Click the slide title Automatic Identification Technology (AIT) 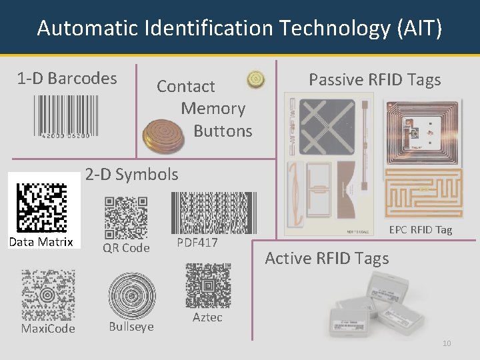pos(239,28)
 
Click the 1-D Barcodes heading pos(67,78)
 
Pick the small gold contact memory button pos(255,79)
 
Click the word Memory pos(213,109)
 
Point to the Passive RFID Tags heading pos(375,80)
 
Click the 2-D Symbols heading pos(131,175)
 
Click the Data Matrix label pos(41,242)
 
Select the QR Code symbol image pos(126,217)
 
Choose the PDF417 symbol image pos(213,212)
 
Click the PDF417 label pos(197,243)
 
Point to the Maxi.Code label pos(48,329)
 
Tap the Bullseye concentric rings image pos(132,296)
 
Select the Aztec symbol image pos(207,285)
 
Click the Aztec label pos(207,317)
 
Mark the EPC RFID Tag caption pos(421,230)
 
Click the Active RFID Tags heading pos(327,259)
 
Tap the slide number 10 pos(447,343)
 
